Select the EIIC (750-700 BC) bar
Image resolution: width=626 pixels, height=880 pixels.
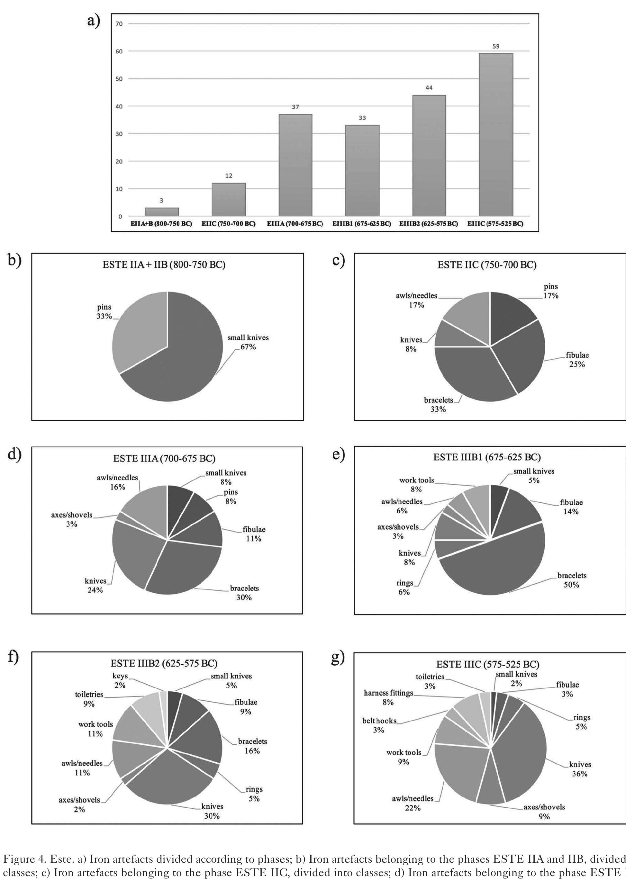(229, 199)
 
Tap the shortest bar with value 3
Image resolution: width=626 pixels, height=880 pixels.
(162, 211)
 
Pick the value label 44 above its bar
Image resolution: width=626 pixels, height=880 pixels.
(429, 88)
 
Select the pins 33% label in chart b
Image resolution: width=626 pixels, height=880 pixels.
(104, 311)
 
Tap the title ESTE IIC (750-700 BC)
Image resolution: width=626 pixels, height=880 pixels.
(487, 265)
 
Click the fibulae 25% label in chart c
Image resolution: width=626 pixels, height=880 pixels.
(577, 359)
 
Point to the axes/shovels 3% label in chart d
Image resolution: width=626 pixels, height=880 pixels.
(72, 519)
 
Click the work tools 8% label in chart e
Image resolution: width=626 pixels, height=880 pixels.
(416, 485)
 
